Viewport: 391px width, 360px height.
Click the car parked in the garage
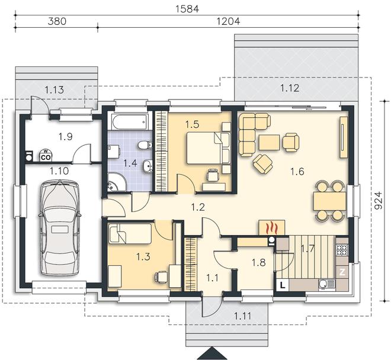click(x=59, y=228)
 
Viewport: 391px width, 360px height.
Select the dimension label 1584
click(x=187, y=9)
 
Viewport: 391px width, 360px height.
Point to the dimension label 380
click(x=57, y=21)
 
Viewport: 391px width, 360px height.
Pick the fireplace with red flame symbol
click(x=271, y=227)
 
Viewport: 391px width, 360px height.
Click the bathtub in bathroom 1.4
click(x=129, y=121)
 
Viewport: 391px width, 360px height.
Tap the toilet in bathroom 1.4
click(x=146, y=145)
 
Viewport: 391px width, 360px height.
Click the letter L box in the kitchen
click(x=283, y=285)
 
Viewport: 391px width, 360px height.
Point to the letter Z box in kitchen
click(x=342, y=272)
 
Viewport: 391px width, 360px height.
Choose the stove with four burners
click(x=342, y=249)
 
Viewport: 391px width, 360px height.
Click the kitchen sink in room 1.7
click(x=326, y=285)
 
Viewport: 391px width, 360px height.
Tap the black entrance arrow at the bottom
click(x=211, y=353)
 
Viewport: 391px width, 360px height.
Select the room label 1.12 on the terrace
click(x=290, y=88)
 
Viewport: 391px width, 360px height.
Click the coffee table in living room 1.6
click(x=269, y=142)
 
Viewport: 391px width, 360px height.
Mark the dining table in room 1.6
click(x=329, y=201)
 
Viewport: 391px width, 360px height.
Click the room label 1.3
click(x=143, y=256)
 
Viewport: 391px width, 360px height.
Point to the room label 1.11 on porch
click(x=243, y=316)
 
